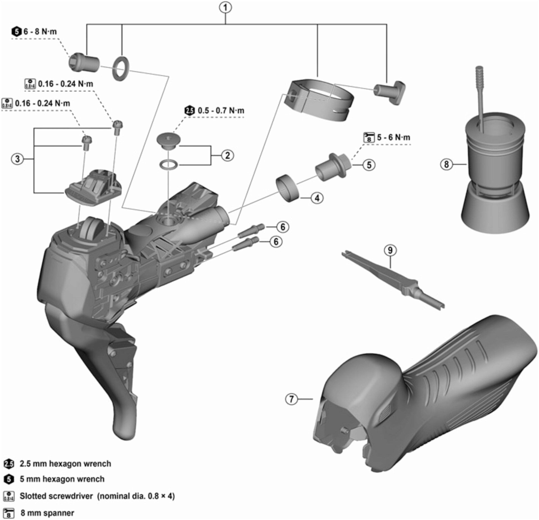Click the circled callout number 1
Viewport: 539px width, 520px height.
[x=225, y=8]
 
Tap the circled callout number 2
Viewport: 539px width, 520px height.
[x=227, y=155]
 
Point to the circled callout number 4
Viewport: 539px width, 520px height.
[x=317, y=198]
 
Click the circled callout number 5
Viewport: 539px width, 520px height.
[x=369, y=165]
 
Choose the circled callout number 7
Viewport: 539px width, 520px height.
[x=291, y=399]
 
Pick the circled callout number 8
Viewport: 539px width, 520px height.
[x=446, y=164]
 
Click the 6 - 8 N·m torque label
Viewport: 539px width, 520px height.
[x=40, y=32]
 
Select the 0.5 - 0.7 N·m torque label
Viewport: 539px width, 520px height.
[x=221, y=111]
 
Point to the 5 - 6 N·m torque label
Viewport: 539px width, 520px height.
[x=393, y=138]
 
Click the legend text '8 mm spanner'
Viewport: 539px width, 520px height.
[x=47, y=513]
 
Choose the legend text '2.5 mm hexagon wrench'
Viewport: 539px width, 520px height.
[x=65, y=464]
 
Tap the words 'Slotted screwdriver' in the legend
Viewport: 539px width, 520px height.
[x=56, y=496]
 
